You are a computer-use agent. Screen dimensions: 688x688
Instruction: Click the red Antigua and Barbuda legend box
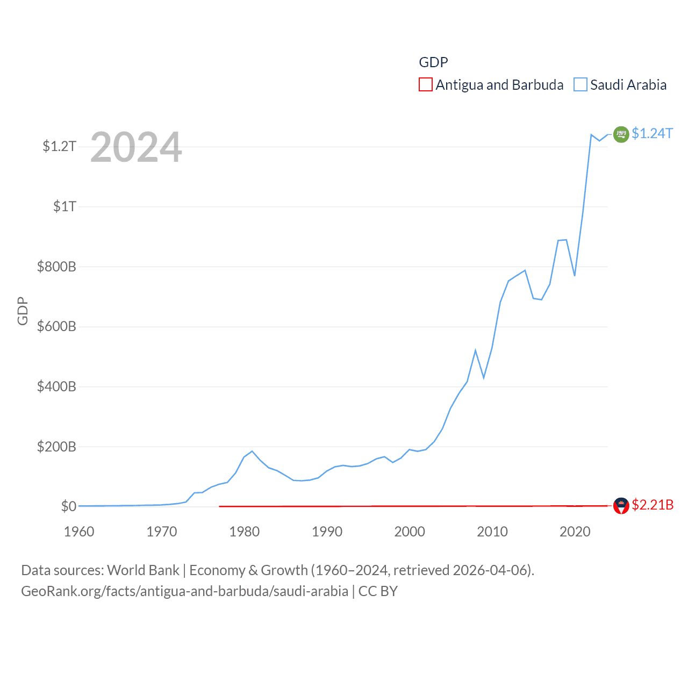coord(426,85)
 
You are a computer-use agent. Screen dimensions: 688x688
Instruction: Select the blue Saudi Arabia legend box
coord(580,85)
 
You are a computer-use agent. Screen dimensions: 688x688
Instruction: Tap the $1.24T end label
coord(652,133)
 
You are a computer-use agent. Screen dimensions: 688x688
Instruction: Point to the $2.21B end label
coord(653,505)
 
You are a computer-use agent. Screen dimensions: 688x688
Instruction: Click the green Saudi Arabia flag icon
coord(621,134)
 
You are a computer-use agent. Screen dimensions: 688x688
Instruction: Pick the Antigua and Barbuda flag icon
coord(621,506)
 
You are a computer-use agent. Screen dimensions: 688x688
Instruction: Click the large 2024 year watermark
coord(136,147)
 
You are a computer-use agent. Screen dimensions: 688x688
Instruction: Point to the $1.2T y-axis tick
coord(59,146)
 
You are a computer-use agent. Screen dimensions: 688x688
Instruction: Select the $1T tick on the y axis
coord(64,206)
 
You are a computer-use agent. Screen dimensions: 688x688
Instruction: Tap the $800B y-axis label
coord(56,267)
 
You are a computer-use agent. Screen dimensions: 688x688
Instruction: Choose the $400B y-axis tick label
coord(56,386)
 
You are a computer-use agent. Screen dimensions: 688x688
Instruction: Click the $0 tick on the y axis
coord(68,506)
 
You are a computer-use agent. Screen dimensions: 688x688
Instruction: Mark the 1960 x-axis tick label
coord(79,532)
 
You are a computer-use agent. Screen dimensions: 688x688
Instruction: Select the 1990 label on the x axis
coord(327,532)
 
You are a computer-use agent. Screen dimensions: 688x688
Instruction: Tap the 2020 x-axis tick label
coord(575,532)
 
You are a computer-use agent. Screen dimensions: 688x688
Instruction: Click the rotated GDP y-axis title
coord(23,311)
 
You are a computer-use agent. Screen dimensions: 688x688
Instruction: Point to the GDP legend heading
coord(433,62)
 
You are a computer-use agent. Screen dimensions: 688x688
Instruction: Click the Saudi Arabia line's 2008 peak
coord(475,350)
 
